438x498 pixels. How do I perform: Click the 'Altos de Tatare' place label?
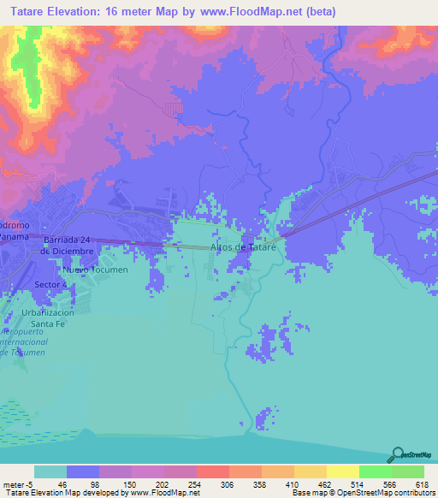pyautogui.click(x=247, y=247)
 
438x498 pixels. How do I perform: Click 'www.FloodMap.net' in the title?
pyautogui.click(x=254, y=12)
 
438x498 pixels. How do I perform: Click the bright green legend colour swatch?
pyautogui.click(x=374, y=471)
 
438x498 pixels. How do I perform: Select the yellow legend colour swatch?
pyautogui.click(x=342, y=471)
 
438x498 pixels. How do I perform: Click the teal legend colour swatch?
pyautogui.click(x=50, y=471)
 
